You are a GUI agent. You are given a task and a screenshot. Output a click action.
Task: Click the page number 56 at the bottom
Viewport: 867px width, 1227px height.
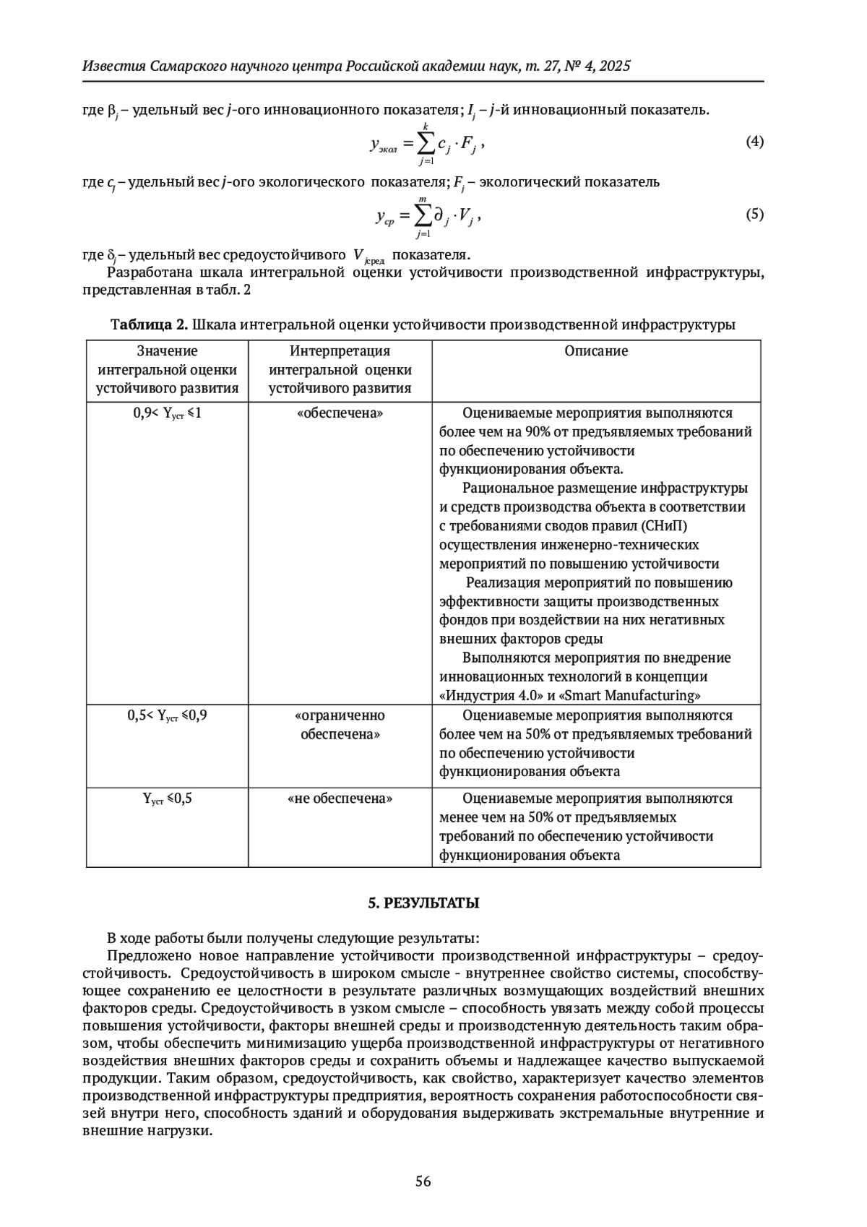423,1181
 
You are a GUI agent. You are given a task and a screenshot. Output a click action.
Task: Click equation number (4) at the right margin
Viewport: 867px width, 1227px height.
754,142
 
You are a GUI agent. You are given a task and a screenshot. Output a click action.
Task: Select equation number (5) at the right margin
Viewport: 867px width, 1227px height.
754,214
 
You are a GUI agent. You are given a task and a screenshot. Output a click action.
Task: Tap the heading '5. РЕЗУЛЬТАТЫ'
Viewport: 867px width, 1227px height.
423,903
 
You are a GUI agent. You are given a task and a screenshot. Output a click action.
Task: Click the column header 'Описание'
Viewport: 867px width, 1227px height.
596,351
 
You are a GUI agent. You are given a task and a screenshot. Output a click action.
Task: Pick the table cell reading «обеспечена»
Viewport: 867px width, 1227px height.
340,413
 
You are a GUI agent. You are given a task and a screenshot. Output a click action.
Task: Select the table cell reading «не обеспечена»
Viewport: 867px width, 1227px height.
340,798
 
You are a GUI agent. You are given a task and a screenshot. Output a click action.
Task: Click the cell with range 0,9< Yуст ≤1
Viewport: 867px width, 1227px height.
167,413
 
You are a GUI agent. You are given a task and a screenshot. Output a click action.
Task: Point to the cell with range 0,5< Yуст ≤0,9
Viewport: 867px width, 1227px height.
167,715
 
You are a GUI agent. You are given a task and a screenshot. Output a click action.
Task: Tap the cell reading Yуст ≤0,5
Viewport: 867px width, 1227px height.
167,798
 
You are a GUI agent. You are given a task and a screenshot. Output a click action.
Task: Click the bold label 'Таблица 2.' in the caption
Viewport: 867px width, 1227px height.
149,324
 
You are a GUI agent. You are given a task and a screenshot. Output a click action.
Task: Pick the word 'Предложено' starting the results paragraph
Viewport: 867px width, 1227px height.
142,956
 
